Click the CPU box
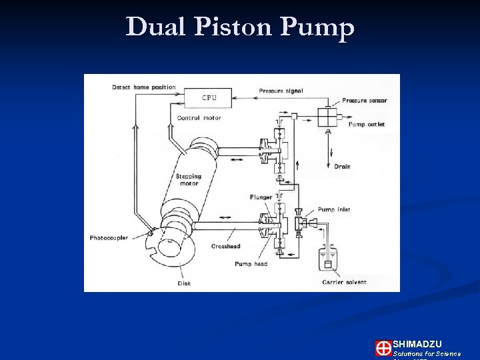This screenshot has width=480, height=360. (x=209, y=98)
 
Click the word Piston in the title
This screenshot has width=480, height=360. (x=240, y=27)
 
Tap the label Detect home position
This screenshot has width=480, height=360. (x=143, y=87)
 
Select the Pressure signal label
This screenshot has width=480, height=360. (x=280, y=91)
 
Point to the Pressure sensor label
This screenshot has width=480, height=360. (x=364, y=101)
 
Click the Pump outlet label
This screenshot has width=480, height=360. (x=367, y=125)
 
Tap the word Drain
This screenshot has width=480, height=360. (x=342, y=167)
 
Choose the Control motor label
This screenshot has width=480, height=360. (x=199, y=119)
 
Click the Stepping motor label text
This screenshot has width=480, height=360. (x=189, y=180)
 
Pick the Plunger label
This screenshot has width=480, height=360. (x=261, y=197)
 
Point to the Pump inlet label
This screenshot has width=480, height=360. (x=334, y=210)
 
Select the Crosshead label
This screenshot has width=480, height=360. (x=225, y=247)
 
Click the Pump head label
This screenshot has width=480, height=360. (x=251, y=264)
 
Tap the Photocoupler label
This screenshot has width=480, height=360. (x=109, y=238)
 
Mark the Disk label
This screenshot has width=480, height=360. (x=184, y=283)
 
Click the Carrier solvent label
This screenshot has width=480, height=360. (x=344, y=282)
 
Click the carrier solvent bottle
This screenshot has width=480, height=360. (x=327, y=258)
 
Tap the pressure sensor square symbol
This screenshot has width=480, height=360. (x=327, y=117)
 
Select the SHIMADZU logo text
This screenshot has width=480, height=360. (x=417, y=344)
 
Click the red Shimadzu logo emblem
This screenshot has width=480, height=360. (x=383, y=348)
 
